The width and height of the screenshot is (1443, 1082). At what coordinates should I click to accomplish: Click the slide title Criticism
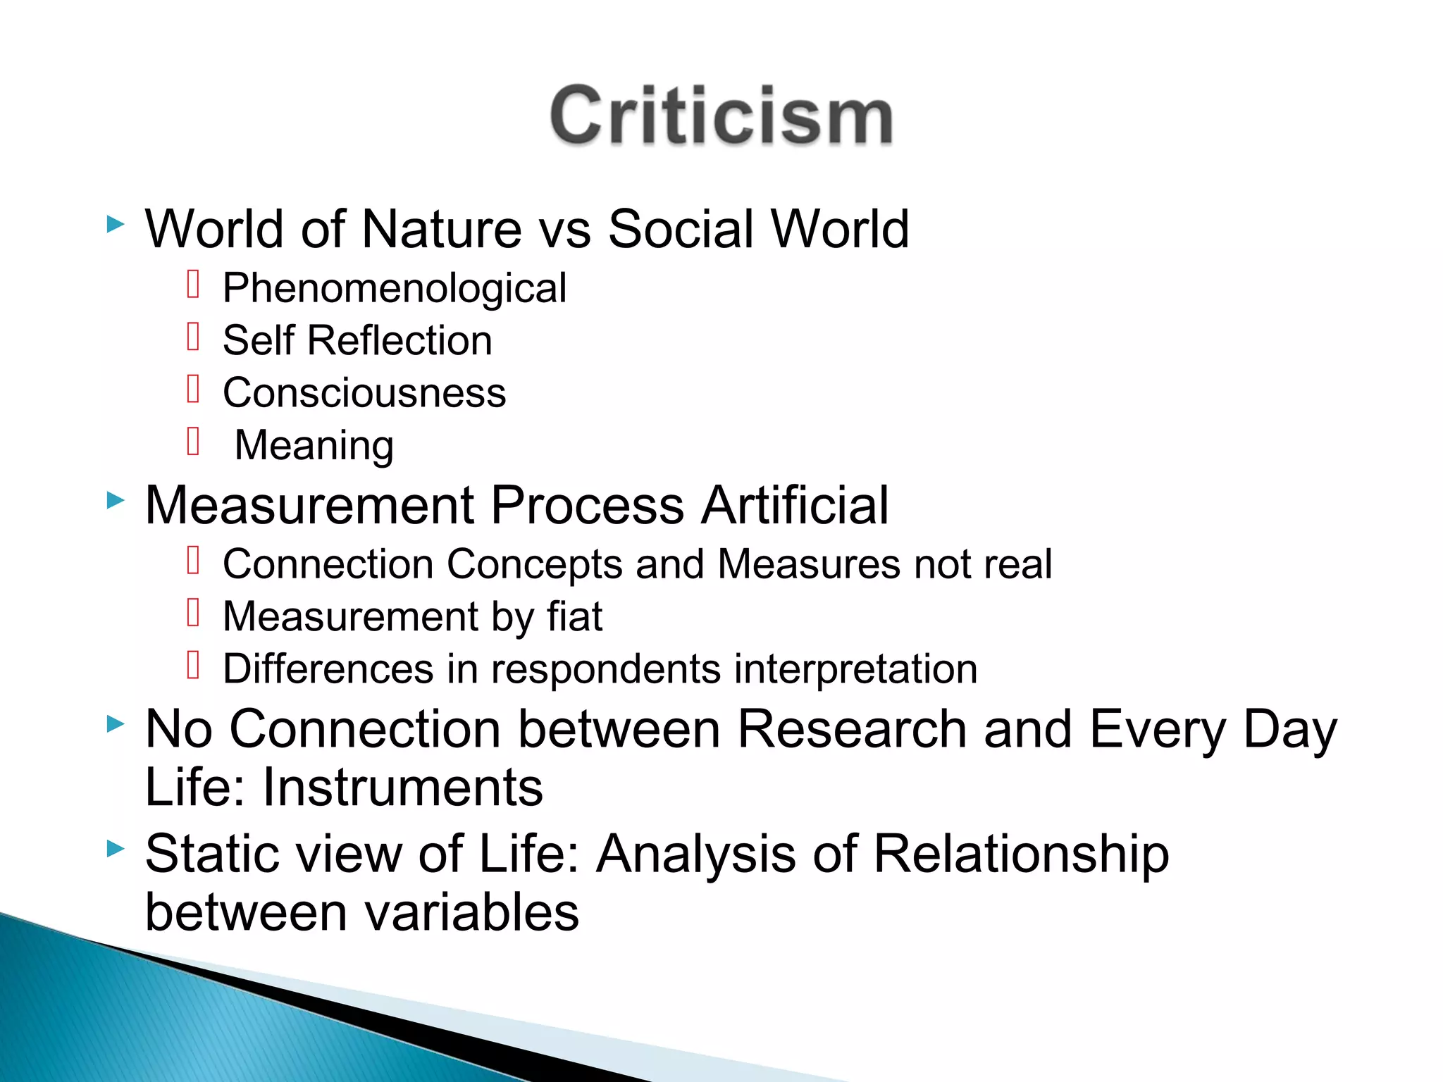[721, 116]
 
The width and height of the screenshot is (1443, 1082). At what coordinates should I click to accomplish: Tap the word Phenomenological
[395, 288]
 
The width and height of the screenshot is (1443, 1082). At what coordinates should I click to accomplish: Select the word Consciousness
[364, 392]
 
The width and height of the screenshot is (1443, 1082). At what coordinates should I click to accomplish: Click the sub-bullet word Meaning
[314, 445]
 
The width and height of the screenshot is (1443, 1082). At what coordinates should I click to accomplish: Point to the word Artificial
[795, 505]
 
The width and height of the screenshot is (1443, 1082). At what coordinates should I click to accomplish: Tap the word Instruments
[403, 787]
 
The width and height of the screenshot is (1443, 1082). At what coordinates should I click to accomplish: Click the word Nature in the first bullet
[441, 229]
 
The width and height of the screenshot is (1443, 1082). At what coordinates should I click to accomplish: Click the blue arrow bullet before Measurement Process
[116, 501]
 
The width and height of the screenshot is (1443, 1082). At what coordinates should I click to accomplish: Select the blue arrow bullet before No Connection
[116, 723]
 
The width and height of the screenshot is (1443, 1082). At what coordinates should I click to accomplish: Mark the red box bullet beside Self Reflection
[194, 337]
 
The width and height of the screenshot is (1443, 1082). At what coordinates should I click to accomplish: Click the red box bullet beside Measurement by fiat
[194, 613]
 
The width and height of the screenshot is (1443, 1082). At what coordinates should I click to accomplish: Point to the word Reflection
[400, 340]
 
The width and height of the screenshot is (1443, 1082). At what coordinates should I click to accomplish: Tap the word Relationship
[1021, 854]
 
